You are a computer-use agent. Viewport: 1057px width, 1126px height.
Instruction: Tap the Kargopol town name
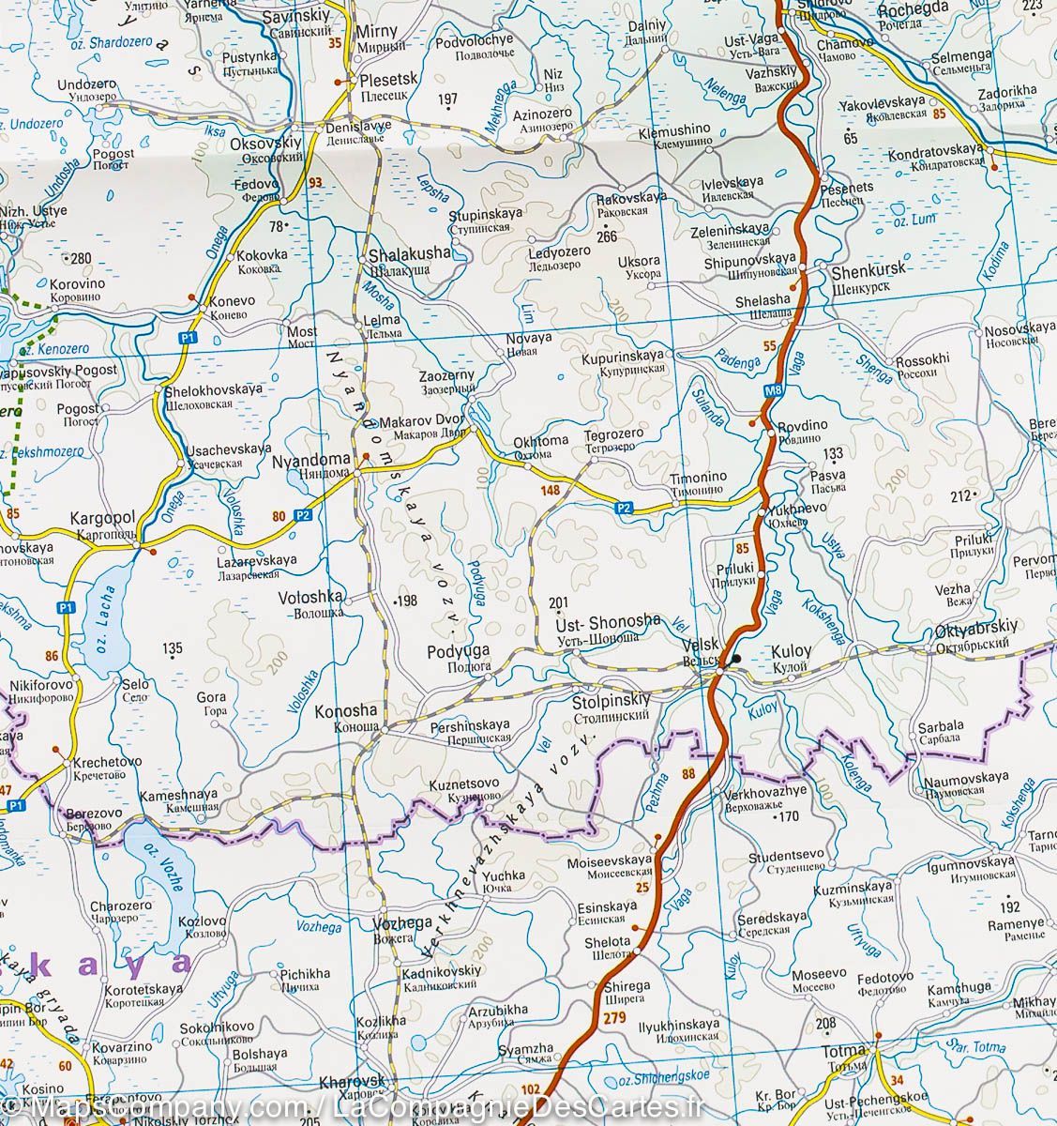[103, 518]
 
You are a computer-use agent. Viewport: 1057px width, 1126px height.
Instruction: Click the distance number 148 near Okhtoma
[550, 490]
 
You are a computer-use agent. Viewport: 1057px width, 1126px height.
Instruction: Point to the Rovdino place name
[803, 425]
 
